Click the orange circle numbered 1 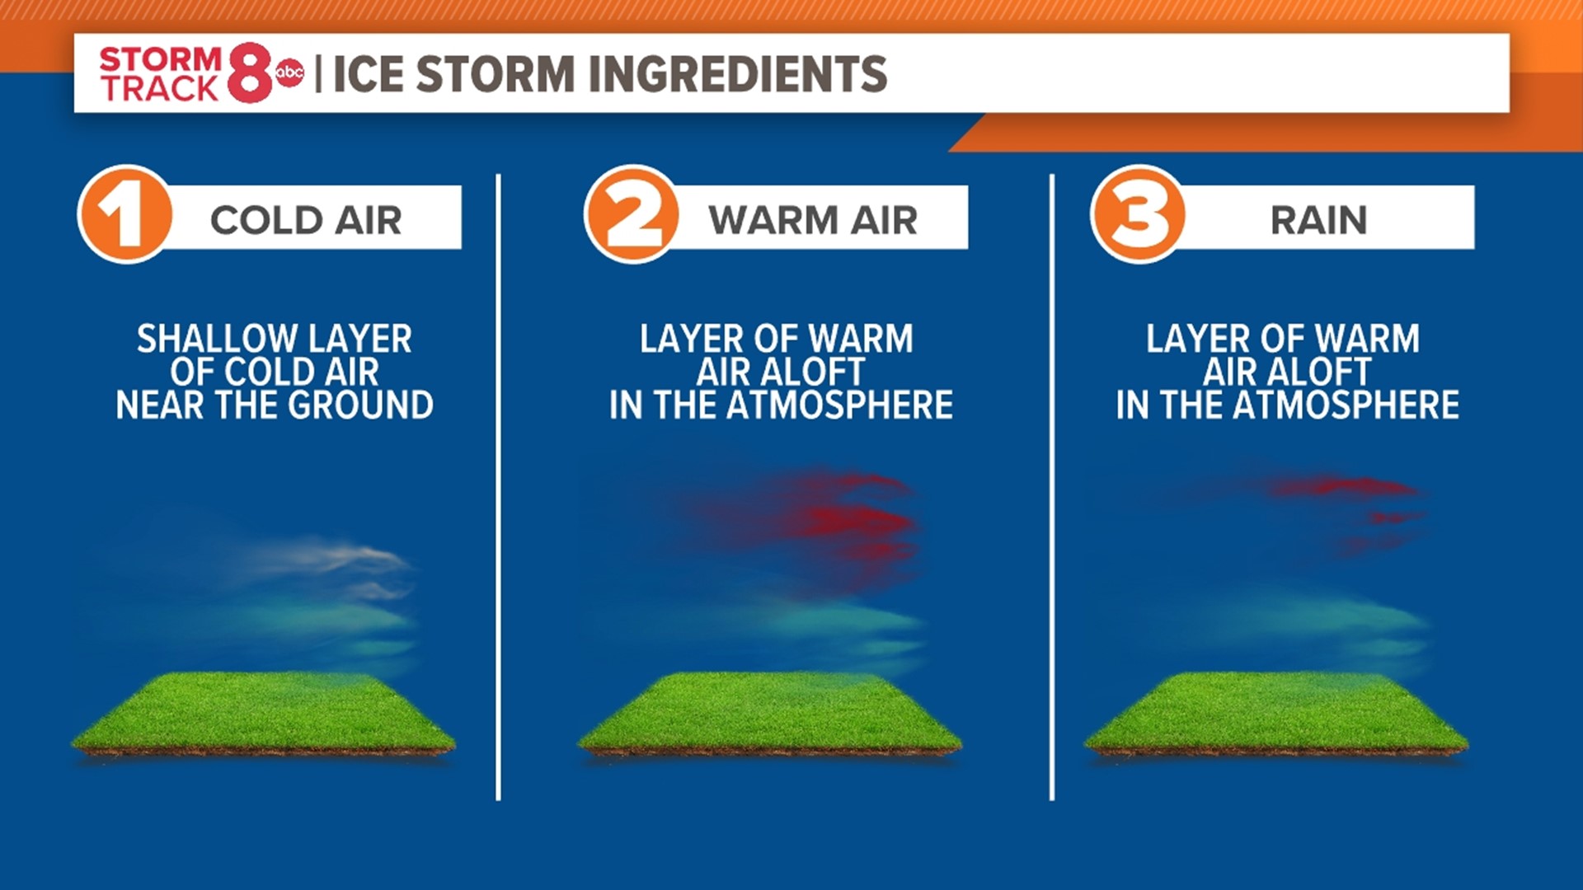(125, 214)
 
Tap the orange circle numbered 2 (632, 214)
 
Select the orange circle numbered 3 (1139, 214)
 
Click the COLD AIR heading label (306, 220)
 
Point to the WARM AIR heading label (813, 220)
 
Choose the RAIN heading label (1318, 220)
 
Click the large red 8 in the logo (250, 73)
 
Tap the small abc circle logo (289, 73)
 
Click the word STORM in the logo (161, 59)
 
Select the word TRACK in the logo (159, 88)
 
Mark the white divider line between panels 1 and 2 (499, 486)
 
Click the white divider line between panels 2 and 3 (1052, 486)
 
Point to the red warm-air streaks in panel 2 (849, 519)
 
